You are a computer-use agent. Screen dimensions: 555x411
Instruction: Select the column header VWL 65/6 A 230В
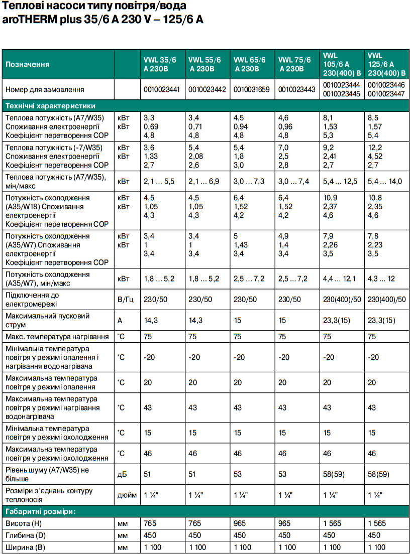click(249, 64)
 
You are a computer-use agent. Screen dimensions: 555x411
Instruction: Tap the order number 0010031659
click(251, 90)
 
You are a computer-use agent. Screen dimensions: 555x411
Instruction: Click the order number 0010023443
click(296, 90)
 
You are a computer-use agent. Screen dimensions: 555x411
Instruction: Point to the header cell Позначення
click(27, 64)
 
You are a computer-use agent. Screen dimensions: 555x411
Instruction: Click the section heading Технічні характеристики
click(50, 106)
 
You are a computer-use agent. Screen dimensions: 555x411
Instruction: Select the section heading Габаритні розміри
click(40, 512)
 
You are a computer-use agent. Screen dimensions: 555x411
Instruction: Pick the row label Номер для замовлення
click(45, 90)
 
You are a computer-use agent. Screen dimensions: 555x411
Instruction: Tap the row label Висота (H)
click(24, 523)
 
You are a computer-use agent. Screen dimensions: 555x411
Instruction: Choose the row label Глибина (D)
click(25, 535)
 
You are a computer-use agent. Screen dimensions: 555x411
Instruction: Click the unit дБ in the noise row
click(122, 474)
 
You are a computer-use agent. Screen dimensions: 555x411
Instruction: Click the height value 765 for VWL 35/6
click(150, 523)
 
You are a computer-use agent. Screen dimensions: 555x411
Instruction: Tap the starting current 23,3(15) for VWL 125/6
click(381, 320)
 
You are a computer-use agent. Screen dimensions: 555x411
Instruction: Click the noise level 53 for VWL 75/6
click(282, 474)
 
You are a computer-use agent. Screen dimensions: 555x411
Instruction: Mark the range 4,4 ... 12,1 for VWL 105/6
click(340, 279)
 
